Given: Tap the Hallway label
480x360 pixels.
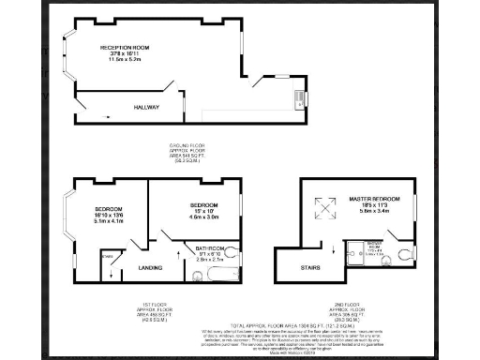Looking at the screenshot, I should [x=146, y=108].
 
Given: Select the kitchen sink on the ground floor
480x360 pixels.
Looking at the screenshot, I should [x=299, y=97].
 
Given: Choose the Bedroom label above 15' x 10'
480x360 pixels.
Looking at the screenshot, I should [x=203, y=204].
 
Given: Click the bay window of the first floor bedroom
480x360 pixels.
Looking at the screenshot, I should [x=67, y=214].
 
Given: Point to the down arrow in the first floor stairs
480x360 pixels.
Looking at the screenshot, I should [x=112, y=272].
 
